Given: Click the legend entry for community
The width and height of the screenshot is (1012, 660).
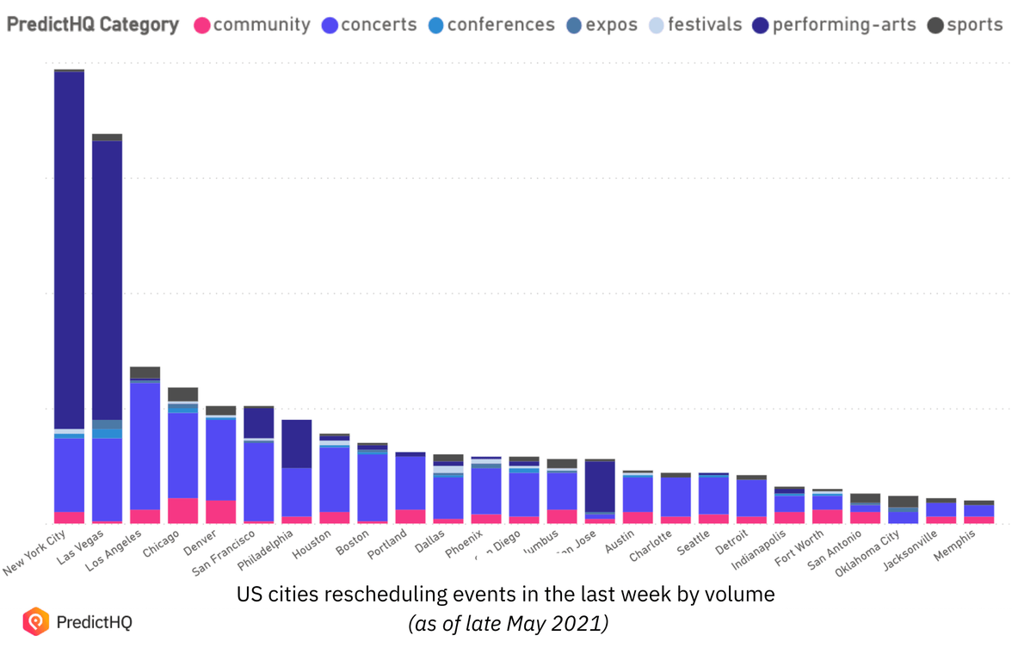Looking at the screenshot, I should point(251,25).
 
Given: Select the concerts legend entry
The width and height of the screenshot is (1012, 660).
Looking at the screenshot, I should point(368,25).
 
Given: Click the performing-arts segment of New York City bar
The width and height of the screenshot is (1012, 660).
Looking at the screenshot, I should point(69,250).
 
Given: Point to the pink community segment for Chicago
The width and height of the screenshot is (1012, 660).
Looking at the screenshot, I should point(182,510).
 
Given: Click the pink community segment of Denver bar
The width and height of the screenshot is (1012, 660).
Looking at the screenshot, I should point(220,511).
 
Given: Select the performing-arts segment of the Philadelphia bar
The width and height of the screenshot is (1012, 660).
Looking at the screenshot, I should point(296,444).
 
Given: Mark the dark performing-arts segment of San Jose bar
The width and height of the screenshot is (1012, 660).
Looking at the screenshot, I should point(600,486).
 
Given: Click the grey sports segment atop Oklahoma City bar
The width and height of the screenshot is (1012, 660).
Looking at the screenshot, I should point(903,501).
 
